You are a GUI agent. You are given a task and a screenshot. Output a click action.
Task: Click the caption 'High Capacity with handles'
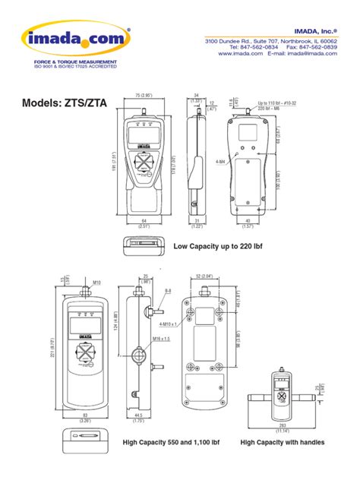283,442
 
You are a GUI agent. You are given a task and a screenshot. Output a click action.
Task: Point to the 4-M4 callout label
220,161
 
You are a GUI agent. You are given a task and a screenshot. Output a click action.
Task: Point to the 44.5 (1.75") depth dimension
138,417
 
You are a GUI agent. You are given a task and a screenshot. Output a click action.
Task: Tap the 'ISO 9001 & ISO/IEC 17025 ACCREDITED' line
74,68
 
